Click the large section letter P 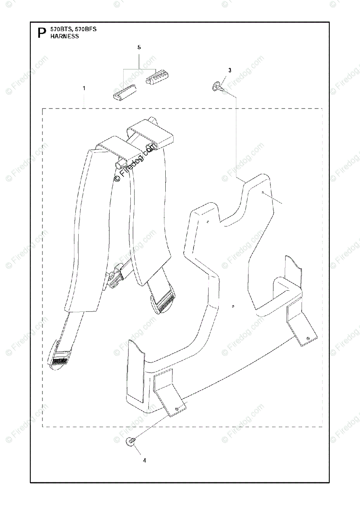point(41,32)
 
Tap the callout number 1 point(84,88)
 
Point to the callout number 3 point(230,70)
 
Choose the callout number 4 point(144,460)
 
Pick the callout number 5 point(139,48)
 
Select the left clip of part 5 point(124,91)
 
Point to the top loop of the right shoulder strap point(150,134)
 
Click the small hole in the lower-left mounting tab point(178,407)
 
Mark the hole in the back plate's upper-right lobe point(262,192)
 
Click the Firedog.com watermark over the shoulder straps point(137,162)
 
